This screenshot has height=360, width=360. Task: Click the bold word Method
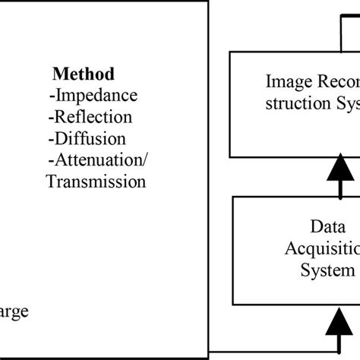point(84,74)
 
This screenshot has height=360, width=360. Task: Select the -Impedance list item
point(93,96)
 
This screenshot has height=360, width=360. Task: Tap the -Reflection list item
point(90,117)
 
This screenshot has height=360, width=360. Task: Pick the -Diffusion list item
point(86,138)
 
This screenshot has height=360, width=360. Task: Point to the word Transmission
point(96,182)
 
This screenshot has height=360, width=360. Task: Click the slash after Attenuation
point(144,160)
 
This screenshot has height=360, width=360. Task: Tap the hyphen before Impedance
point(50,96)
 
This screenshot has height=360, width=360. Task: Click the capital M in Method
point(58,74)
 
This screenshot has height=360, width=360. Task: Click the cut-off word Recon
point(333,81)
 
